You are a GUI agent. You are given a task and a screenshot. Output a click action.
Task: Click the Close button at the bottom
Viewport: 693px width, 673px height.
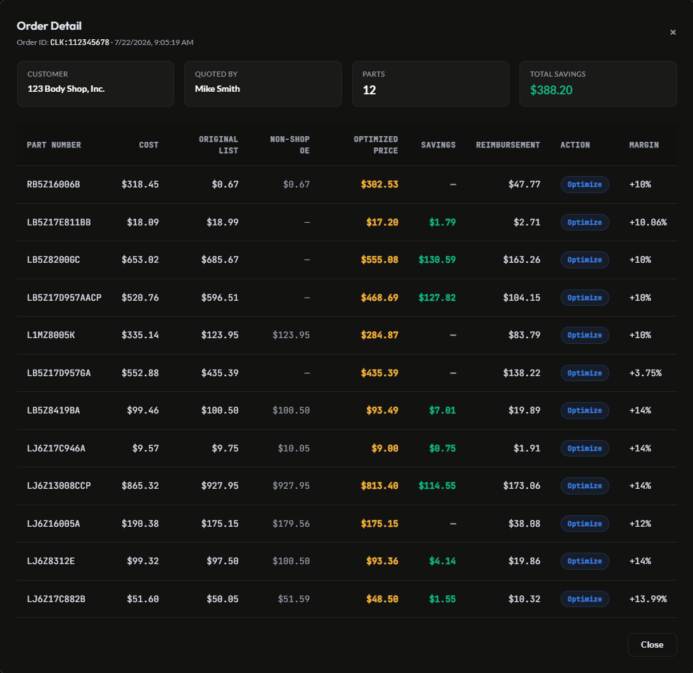[652, 645]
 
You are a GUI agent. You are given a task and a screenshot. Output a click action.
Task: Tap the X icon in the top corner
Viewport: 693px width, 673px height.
[673, 32]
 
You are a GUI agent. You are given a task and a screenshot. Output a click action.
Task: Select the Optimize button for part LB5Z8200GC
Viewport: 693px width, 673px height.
[584, 260]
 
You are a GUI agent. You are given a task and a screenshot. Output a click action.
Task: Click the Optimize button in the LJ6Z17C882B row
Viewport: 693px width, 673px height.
[584, 599]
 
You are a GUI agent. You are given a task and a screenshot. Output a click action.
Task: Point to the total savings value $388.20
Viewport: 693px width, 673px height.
[551, 90]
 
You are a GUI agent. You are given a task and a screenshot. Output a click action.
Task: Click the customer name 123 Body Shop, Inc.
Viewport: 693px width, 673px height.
[66, 89]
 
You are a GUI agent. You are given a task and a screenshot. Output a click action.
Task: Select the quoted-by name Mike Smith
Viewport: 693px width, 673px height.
[217, 89]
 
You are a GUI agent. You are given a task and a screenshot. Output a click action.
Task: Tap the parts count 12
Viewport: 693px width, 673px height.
[369, 90]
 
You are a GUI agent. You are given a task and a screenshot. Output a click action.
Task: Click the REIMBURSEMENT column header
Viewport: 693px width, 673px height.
[508, 145]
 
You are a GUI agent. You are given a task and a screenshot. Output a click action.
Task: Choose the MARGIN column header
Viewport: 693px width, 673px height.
[644, 145]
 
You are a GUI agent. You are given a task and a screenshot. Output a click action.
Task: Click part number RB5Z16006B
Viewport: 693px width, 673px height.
[53, 184]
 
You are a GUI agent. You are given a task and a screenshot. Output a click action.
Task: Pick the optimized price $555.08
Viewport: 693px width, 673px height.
[379, 260]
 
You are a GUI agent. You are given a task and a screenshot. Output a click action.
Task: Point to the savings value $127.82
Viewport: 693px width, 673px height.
[437, 298]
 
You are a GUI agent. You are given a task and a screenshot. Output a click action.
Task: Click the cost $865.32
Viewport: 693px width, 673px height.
[140, 486]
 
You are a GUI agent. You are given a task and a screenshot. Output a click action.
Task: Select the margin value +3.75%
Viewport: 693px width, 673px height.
[645, 373]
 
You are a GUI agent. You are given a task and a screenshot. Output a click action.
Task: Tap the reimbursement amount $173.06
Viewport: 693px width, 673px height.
[521, 486]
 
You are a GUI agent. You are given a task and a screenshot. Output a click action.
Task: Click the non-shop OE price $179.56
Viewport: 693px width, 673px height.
[291, 524]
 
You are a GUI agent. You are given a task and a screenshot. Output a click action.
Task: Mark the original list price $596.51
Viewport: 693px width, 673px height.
[220, 298]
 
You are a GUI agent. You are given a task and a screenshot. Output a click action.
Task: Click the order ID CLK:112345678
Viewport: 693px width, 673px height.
[80, 42]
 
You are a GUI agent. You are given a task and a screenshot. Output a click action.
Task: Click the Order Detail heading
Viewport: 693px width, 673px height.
[49, 26]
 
